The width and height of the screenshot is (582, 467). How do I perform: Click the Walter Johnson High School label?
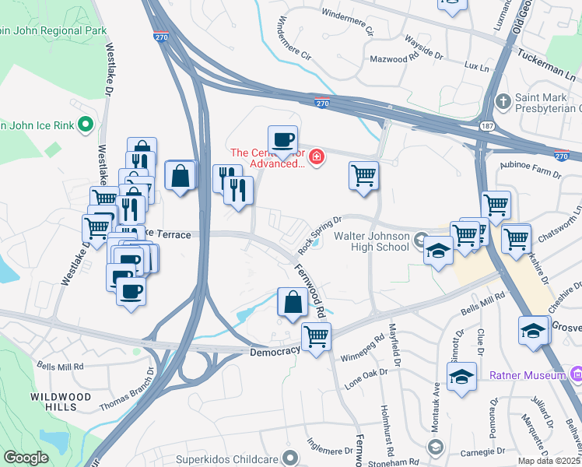(371, 241)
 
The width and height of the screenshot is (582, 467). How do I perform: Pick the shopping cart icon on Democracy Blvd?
(316, 337)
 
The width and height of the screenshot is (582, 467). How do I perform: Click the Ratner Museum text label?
(527, 376)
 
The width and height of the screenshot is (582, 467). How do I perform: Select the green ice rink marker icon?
(86, 124)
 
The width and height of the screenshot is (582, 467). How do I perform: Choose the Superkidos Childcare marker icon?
(291, 457)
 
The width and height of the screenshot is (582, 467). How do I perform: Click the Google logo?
(26, 458)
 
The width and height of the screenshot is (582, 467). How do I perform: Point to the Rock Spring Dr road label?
(320, 235)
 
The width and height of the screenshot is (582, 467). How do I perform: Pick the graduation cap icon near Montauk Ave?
(461, 377)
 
